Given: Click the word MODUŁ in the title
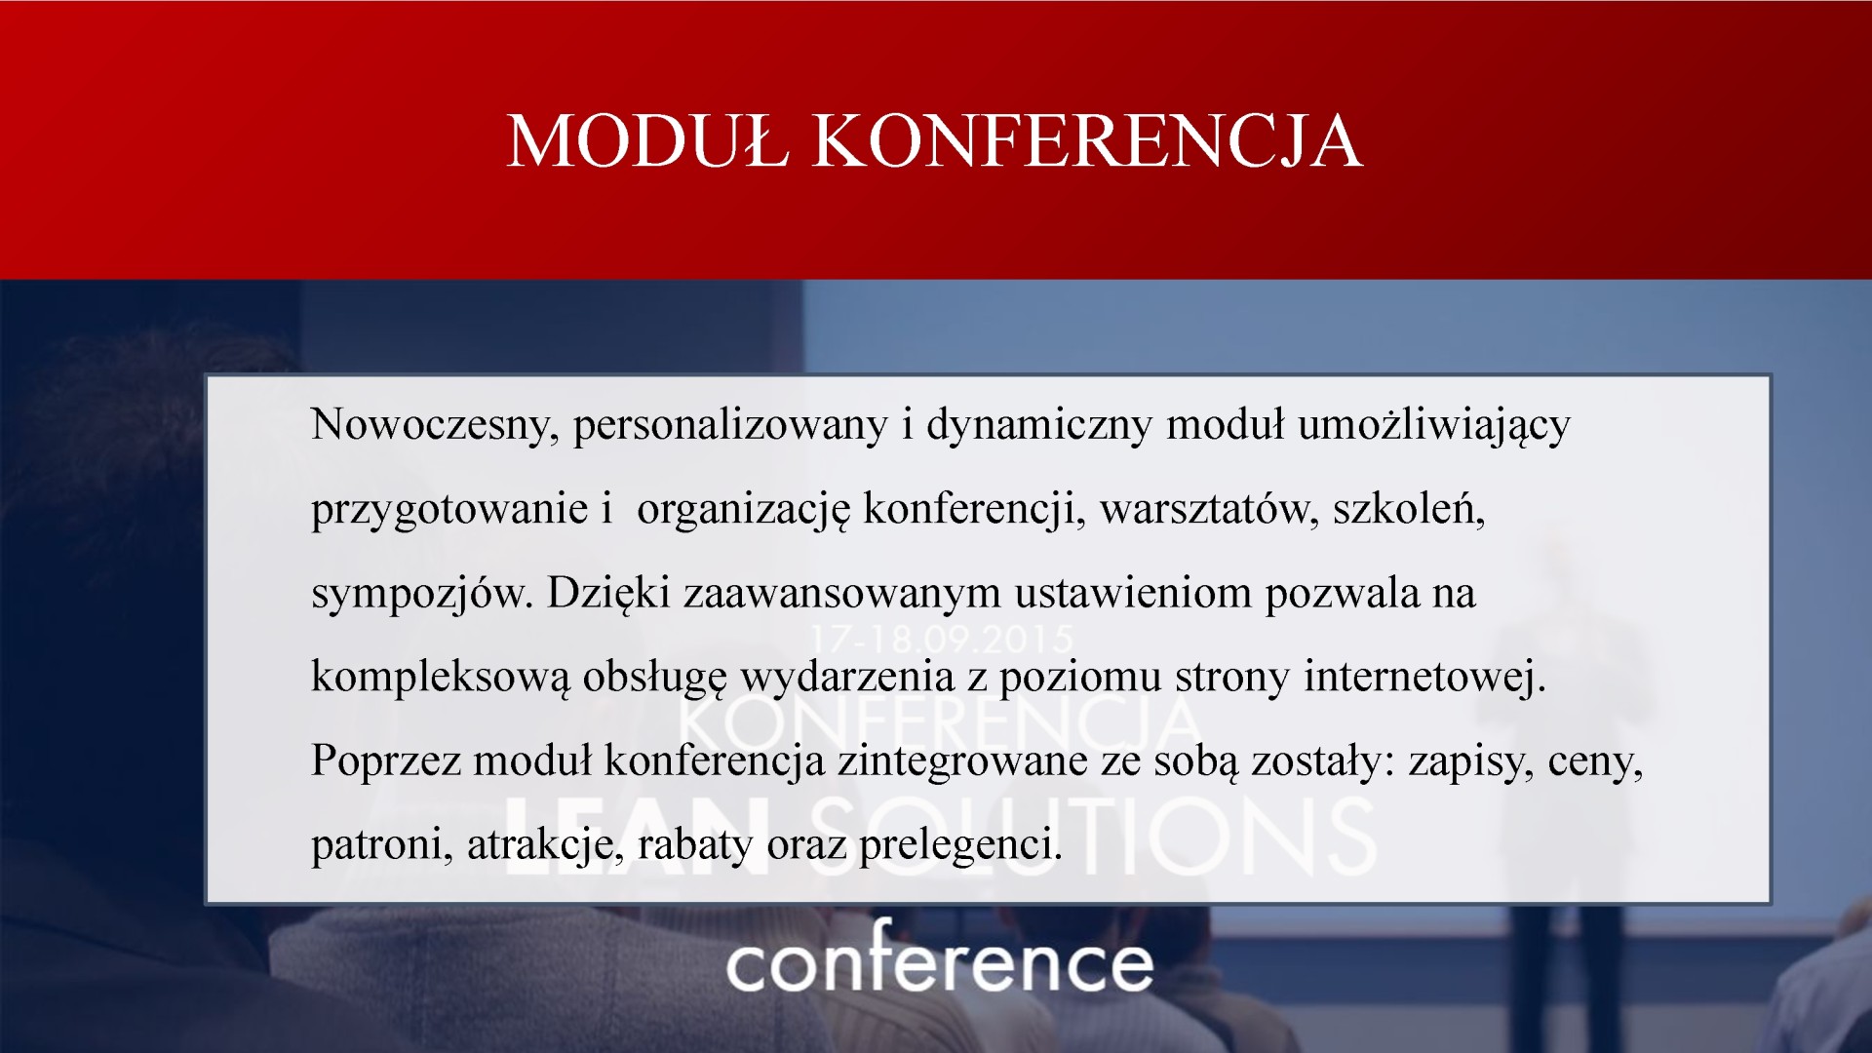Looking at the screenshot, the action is tap(648, 141).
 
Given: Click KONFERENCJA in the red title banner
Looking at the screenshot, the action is tap(1087, 142).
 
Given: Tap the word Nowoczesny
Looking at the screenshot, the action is tap(435, 426).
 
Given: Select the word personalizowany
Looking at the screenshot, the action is tap(730, 426).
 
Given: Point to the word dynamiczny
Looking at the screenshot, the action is tap(1039, 426).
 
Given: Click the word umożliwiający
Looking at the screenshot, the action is tap(1434, 426).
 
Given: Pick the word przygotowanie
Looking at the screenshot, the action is tap(449, 510).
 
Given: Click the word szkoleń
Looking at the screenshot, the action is tap(1409, 508).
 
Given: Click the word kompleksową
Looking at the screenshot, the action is tap(440, 678).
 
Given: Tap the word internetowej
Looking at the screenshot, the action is tap(1425, 677).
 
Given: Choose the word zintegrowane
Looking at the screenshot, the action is tap(962, 761).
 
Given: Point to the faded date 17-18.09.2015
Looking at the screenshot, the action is tap(942, 640).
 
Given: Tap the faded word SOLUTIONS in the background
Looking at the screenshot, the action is tap(1092, 837).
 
